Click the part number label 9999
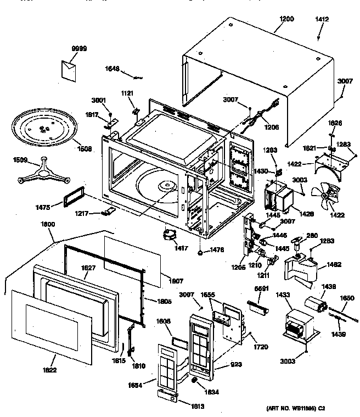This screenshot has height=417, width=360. pos(79,49)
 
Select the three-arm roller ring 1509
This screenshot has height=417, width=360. pos(40,173)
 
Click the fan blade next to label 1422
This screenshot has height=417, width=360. pos(326,196)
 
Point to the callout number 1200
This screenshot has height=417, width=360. pos(286,19)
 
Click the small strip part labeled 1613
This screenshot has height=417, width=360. pos(167,394)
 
